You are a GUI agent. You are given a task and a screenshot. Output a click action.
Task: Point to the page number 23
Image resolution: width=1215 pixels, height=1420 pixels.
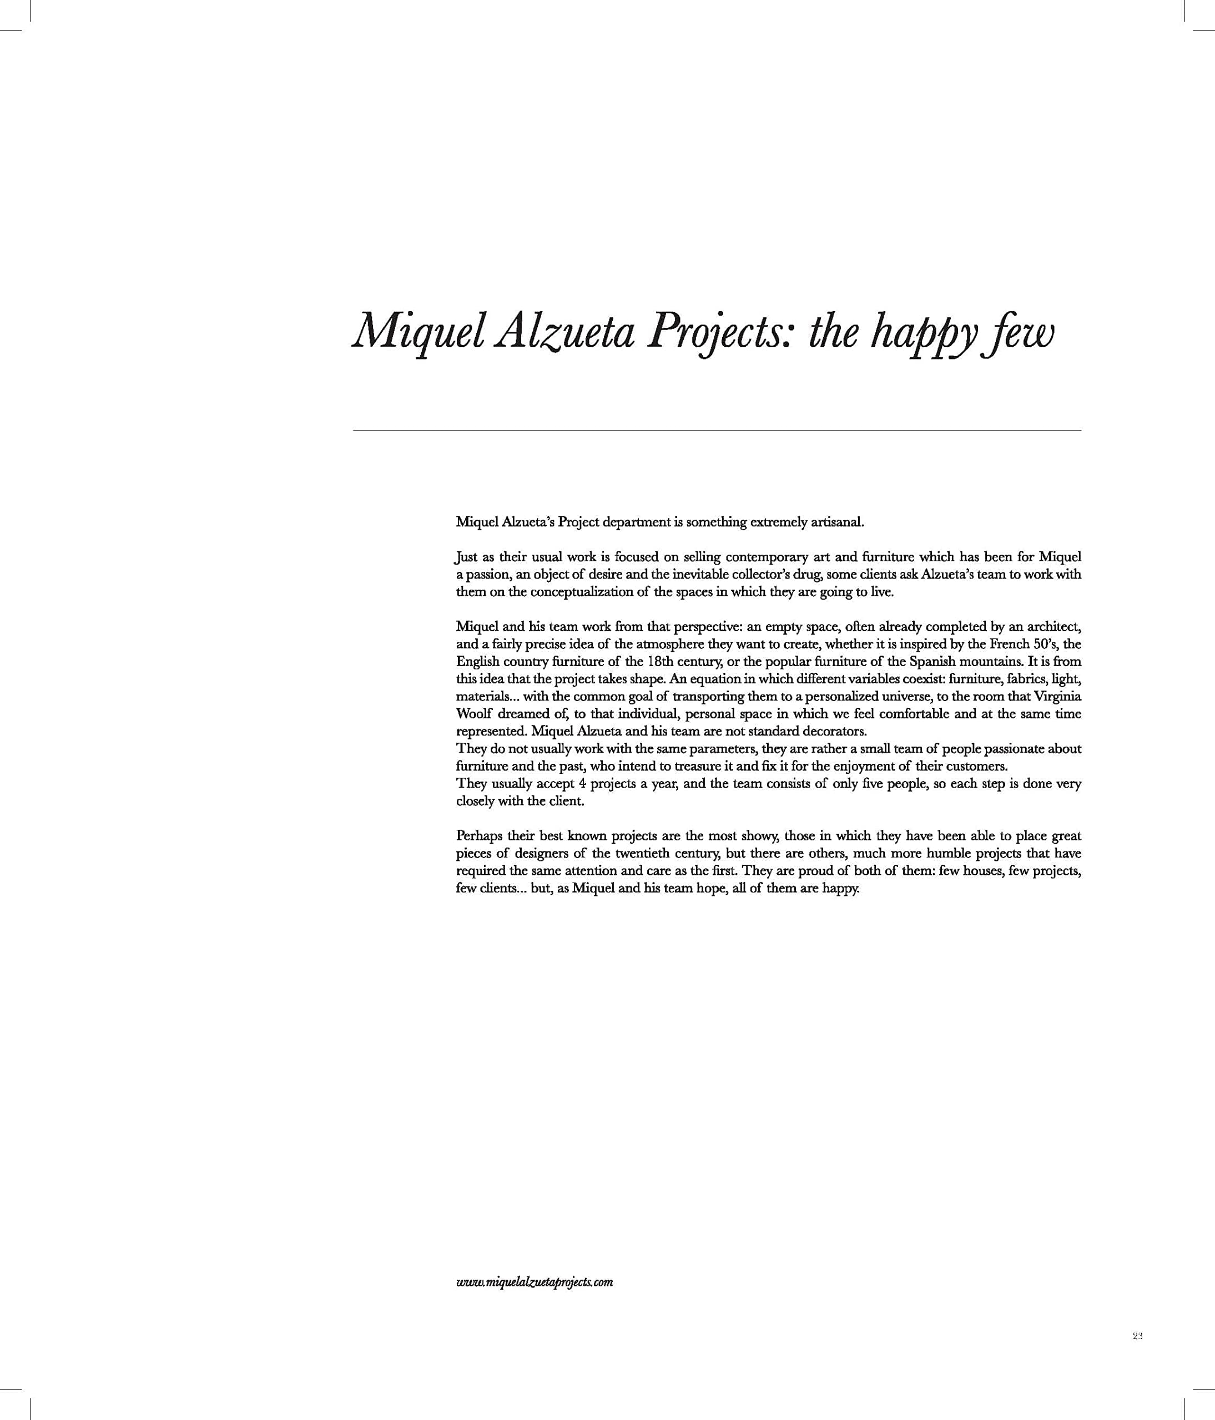[1137, 1355]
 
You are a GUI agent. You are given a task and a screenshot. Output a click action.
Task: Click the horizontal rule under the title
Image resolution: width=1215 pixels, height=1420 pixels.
[717, 430]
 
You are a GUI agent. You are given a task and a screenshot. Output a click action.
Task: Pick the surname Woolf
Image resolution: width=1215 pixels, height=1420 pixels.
[473, 714]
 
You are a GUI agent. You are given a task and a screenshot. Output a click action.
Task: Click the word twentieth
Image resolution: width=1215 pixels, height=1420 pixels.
[644, 853]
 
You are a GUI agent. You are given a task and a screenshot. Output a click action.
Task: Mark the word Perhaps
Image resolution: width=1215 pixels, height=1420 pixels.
[478, 836]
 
